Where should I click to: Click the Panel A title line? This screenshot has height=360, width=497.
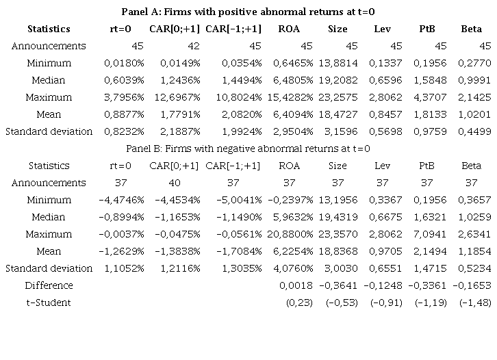coord(248,12)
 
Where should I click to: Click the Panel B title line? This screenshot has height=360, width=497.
coord(248,149)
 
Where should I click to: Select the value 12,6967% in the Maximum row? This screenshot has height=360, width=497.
coord(174,97)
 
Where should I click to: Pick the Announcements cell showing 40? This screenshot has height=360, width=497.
coord(175,183)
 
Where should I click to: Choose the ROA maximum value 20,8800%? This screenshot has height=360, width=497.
coord(290,234)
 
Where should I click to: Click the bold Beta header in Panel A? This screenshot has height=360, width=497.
coord(471,29)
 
